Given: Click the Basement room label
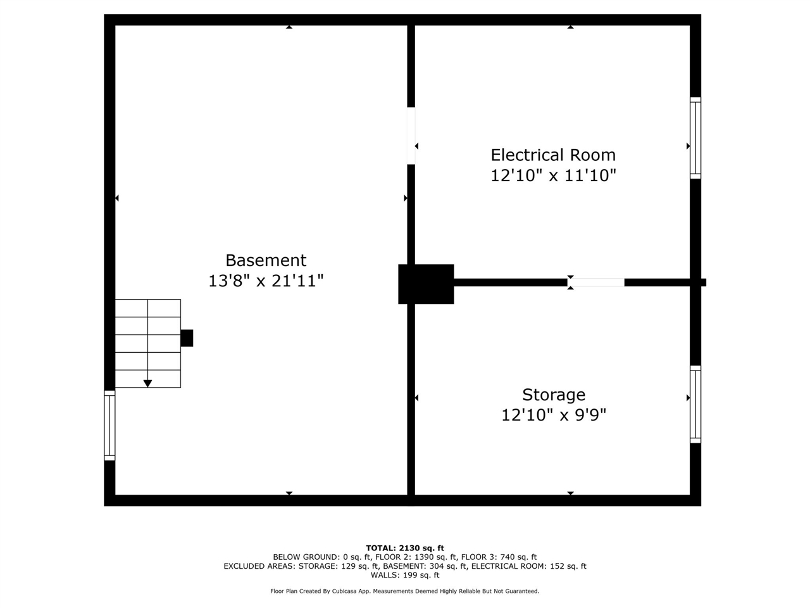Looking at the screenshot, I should click(x=266, y=260).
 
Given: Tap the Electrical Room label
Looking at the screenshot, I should click(x=553, y=155).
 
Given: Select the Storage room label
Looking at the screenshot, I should click(x=554, y=395).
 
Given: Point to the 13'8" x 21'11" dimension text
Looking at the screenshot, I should click(x=266, y=281).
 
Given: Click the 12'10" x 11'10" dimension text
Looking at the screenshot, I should click(x=553, y=175).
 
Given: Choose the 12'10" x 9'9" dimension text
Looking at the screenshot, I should click(x=554, y=415).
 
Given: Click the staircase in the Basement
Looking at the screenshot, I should click(x=147, y=343).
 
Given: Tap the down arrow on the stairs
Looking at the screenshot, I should click(x=147, y=383).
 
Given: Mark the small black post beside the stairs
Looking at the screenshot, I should click(x=187, y=338).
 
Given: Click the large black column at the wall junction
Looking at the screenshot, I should click(x=426, y=284).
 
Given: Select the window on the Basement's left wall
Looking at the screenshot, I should click(x=109, y=425).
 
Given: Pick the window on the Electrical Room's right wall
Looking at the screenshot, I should click(x=695, y=138).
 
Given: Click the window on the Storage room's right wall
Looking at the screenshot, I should click(x=695, y=404).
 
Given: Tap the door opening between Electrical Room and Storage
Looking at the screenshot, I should click(x=596, y=282).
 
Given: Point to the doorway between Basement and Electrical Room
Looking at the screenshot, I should click(x=411, y=136).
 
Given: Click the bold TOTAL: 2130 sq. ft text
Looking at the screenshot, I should click(x=405, y=548).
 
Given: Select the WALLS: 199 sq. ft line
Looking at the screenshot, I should click(x=405, y=575).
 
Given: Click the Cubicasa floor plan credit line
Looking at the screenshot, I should click(x=405, y=592).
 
